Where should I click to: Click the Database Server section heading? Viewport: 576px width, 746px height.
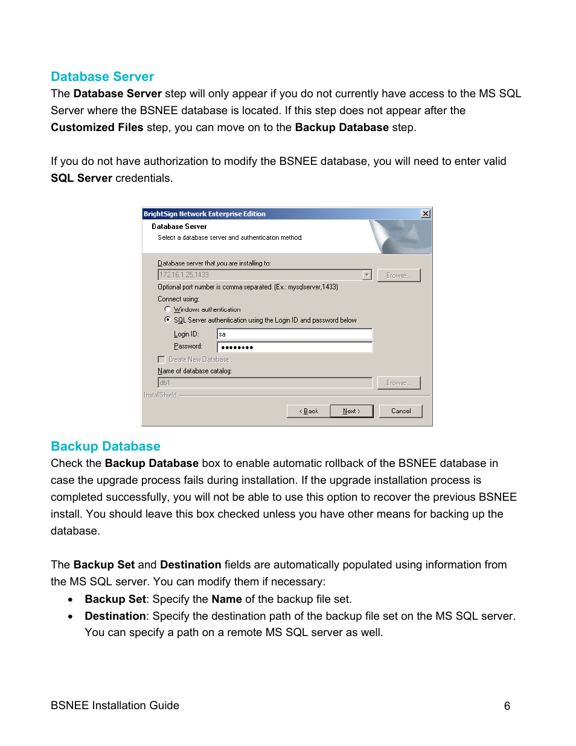coord(102,77)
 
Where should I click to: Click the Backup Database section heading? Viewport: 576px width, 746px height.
coord(105,446)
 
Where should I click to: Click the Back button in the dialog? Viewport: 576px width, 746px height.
coord(309,411)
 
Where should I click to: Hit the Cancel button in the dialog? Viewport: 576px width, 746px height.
coord(400,411)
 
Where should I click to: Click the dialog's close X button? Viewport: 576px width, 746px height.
coord(426,214)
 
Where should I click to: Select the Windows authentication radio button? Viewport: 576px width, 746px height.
coord(168,309)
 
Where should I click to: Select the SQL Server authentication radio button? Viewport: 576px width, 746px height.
coord(168,320)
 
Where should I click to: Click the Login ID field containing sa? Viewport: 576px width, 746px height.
coord(294,334)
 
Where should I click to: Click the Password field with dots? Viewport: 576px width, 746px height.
coord(294,347)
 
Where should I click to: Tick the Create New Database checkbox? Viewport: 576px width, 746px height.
coord(161,359)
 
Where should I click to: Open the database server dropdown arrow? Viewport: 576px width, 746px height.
coord(366,275)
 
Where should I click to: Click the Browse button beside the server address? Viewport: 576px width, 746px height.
coord(398,275)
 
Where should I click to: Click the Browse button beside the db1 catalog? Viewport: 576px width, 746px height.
coord(398,383)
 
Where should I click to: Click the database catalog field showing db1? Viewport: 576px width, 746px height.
coord(264,383)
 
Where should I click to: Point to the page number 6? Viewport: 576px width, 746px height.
coord(507,706)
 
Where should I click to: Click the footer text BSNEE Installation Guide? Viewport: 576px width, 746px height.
coord(115,706)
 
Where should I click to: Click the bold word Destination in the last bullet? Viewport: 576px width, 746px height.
coord(115,616)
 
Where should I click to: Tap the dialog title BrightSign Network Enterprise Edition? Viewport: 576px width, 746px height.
coord(205,214)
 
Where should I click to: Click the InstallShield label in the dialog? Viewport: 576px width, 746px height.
coord(160,395)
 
